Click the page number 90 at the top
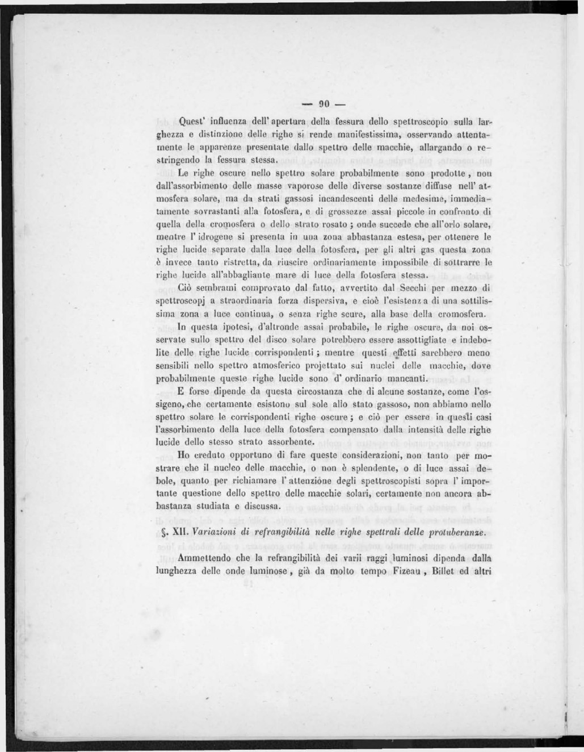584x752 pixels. pos(323,105)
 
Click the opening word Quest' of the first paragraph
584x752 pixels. pos(193,121)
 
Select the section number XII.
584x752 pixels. pos(180,532)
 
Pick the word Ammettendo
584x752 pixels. pos(203,558)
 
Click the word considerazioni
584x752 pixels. pos(376,456)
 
